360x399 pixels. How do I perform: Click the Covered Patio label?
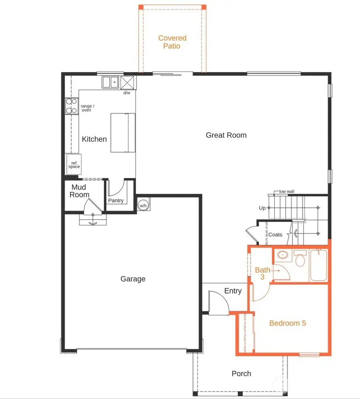tap(172, 42)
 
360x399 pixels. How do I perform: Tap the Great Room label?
tap(226, 135)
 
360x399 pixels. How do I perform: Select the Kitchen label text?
tap(94, 139)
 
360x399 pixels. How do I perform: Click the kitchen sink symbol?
tap(110, 82)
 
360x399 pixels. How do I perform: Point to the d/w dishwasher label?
tap(127, 93)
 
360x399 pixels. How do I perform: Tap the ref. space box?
tap(74, 164)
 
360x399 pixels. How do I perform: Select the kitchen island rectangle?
tap(123, 132)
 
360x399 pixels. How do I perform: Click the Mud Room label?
tap(79, 191)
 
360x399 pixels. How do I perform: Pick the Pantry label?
tap(116, 201)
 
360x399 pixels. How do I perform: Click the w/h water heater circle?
tap(143, 205)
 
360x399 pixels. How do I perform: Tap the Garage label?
tap(133, 279)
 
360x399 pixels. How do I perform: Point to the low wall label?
tap(286, 192)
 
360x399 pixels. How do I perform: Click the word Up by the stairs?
tap(262, 208)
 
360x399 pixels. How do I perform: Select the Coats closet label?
tap(275, 235)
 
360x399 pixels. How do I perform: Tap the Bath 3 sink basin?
tap(283, 255)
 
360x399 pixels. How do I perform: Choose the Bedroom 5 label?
tap(288, 323)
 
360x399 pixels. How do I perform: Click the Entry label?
tap(233, 291)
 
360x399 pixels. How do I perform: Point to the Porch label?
tap(241, 374)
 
